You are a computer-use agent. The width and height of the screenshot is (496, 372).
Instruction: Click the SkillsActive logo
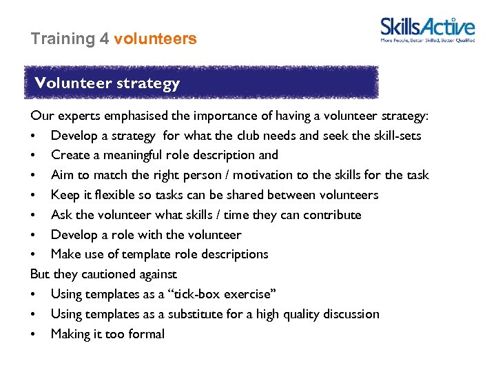pyautogui.click(x=427, y=30)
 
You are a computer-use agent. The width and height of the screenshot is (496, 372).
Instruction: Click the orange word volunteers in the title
pyautogui.click(x=155, y=39)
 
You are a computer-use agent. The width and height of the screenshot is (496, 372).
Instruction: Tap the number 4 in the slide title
pyautogui.click(x=104, y=39)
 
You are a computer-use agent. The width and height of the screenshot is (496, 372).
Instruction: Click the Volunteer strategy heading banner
pyautogui.click(x=200, y=83)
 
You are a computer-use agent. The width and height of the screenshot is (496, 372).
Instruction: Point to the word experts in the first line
pyautogui.click(x=77, y=115)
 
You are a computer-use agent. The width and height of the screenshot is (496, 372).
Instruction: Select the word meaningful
pyautogui.click(x=134, y=155)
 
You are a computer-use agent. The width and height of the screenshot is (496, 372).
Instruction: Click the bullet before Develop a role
pyautogui.click(x=34, y=235)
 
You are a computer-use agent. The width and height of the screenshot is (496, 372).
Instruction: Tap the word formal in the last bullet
pyautogui.click(x=145, y=334)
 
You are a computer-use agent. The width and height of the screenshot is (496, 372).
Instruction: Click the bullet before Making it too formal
pyautogui.click(x=34, y=334)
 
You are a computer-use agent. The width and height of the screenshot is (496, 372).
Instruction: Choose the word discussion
pyautogui.click(x=347, y=314)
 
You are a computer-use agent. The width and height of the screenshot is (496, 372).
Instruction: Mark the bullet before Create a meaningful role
pyautogui.click(x=34, y=155)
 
